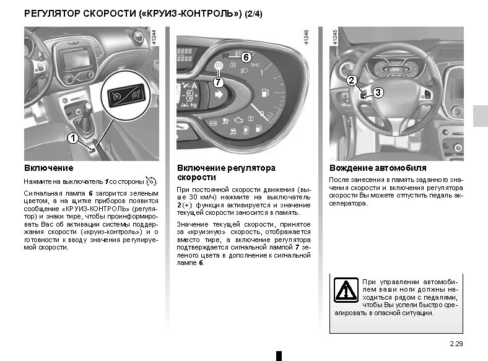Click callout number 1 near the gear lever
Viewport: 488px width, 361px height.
click(x=72, y=139)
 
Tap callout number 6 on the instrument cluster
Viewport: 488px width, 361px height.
click(x=245, y=57)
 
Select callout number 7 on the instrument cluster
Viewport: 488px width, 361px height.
click(x=218, y=81)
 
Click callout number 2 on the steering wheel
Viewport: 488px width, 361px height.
click(x=351, y=80)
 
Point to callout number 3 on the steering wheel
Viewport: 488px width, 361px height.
click(x=378, y=92)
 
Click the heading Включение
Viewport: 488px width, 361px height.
click(x=48, y=168)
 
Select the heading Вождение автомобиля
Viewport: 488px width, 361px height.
click(x=378, y=168)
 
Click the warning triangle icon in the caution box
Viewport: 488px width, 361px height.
click(x=344, y=289)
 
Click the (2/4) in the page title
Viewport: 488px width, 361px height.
click(x=253, y=13)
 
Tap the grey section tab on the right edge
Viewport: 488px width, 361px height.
click(x=480, y=116)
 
